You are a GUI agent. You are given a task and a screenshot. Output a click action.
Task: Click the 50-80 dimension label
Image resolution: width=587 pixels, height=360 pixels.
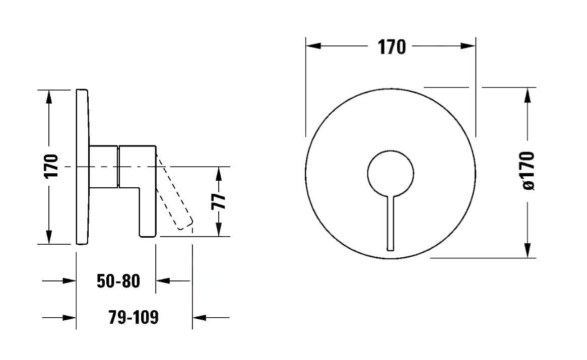point(118,281)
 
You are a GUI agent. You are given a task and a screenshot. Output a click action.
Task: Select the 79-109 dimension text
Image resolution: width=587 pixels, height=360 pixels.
point(134,317)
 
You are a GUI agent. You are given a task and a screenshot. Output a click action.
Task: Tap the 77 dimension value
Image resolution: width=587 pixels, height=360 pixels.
point(219,202)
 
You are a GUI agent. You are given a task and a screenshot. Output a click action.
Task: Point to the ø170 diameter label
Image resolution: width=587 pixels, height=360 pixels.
point(528,170)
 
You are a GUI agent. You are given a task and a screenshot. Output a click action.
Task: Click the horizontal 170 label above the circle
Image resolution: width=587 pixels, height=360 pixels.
point(392,47)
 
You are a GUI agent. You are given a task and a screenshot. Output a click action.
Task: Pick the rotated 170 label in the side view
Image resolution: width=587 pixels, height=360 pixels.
point(52,166)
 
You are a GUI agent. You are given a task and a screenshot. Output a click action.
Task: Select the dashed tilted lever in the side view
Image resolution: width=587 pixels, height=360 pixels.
point(174,190)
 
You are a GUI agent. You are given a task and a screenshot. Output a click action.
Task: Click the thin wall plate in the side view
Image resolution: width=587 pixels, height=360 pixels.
point(83,167)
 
